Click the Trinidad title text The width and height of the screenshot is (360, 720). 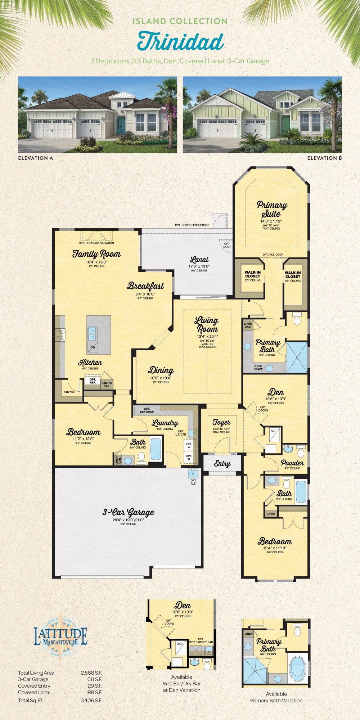click(x=180, y=41)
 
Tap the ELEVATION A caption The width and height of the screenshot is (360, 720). click(x=35, y=158)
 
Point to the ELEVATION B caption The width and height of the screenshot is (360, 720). click(x=324, y=158)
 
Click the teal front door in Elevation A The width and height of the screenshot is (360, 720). click(x=121, y=125)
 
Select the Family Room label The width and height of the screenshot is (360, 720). click(x=96, y=254)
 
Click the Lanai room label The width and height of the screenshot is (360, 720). click(x=199, y=260)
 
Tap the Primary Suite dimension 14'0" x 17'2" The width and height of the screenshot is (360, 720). click(x=271, y=221)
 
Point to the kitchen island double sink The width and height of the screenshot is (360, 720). click(x=92, y=333)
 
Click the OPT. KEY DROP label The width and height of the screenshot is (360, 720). click(x=147, y=410)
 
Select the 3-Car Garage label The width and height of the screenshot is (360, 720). click(x=129, y=512)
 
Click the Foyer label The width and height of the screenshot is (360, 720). click(x=221, y=422)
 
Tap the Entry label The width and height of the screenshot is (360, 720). click(x=222, y=464)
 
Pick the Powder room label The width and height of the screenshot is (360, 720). click(x=292, y=463)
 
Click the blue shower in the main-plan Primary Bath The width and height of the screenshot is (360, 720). click(x=297, y=357)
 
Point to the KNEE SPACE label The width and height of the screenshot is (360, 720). click(x=258, y=368)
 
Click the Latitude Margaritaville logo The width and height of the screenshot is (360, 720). click(x=60, y=636)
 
